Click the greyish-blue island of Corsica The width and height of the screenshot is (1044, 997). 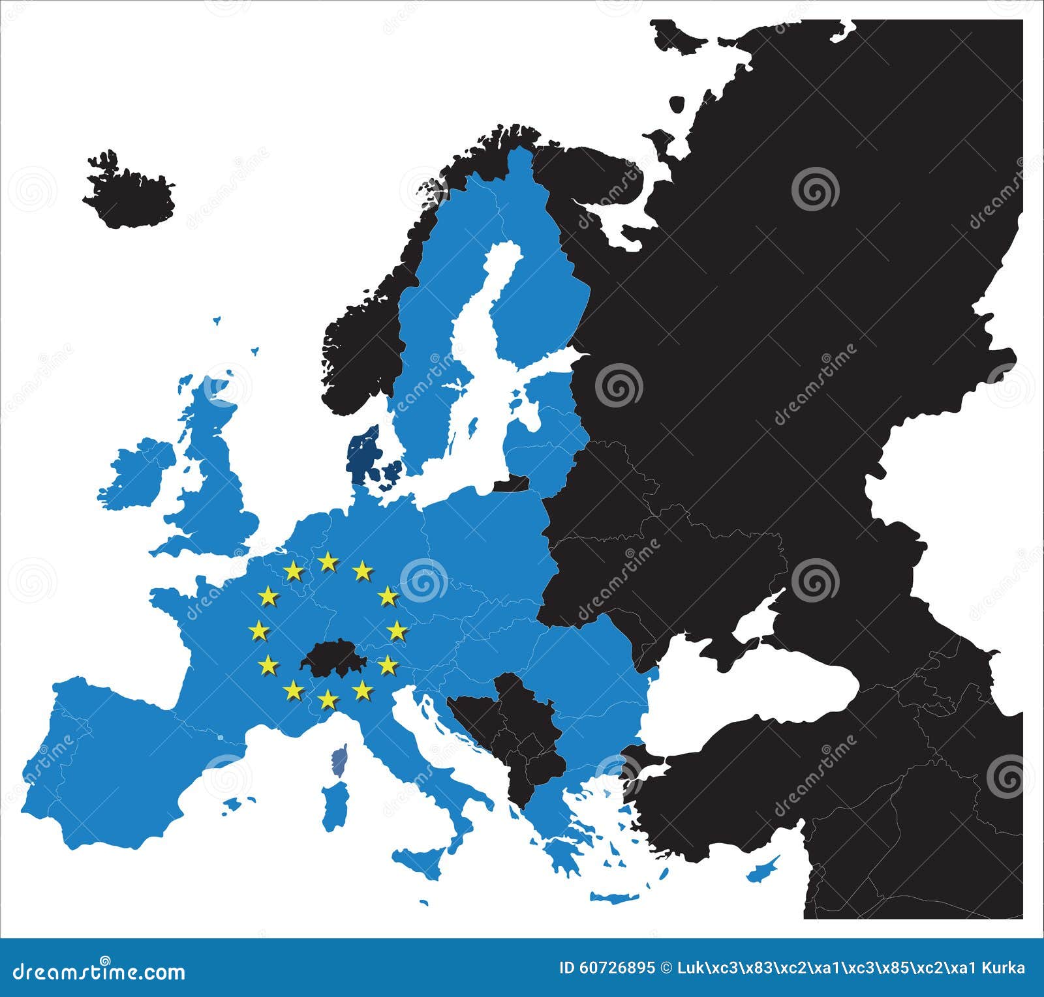click(x=339, y=760)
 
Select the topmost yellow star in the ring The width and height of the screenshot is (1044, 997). click(x=328, y=561)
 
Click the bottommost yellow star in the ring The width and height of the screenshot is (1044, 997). click(x=328, y=700)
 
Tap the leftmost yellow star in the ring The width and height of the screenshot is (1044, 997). click(x=258, y=630)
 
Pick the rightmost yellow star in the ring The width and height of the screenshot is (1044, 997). click(x=397, y=630)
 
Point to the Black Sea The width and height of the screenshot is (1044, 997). click(x=770, y=685)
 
